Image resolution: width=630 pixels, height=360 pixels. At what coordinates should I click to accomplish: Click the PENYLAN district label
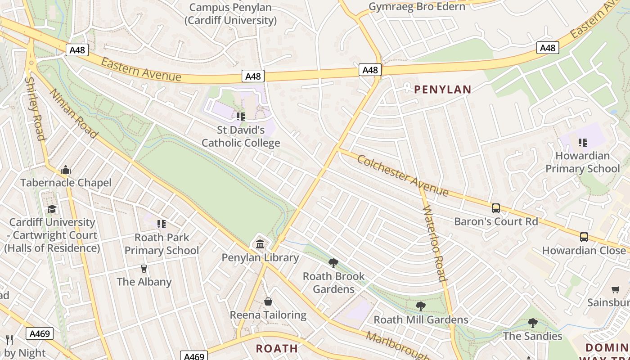(x=442, y=90)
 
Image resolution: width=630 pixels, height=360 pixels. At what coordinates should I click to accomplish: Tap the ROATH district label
(x=277, y=348)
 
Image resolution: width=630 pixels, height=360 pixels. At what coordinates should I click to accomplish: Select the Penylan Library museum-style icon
(x=260, y=244)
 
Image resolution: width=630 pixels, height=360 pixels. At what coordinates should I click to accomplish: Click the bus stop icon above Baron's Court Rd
(x=495, y=208)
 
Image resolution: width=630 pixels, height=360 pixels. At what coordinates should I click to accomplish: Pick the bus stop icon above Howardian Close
(x=584, y=237)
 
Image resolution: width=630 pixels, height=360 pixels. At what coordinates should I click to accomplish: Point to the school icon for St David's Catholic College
(x=241, y=117)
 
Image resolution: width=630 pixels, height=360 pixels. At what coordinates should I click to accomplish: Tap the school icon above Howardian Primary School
(x=583, y=143)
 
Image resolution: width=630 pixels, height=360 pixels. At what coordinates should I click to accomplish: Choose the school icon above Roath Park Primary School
(x=162, y=224)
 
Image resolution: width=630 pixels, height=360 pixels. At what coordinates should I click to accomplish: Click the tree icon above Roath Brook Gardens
(x=333, y=263)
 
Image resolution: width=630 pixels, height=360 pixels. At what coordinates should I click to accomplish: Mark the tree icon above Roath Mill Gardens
(x=421, y=306)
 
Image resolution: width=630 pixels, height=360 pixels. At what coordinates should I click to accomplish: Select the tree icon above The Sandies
(x=533, y=323)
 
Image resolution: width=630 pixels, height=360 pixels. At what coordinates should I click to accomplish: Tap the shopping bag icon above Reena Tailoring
(x=268, y=301)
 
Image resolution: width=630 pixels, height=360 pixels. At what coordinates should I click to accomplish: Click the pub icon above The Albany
(x=144, y=269)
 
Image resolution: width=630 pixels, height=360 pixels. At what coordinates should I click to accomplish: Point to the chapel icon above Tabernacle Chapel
(x=66, y=170)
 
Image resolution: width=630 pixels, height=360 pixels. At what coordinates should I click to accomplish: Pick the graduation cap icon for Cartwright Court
(x=52, y=209)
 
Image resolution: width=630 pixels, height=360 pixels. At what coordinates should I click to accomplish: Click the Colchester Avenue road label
(x=403, y=175)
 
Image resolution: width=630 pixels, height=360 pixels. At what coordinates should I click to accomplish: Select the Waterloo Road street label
(x=435, y=243)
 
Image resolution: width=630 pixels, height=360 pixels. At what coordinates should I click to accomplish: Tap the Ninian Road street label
(x=74, y=113)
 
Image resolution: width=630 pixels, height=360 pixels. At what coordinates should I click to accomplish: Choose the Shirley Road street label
(x=35, y=108)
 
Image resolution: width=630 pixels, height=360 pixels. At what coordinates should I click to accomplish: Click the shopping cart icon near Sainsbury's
(x=615, y=289)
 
